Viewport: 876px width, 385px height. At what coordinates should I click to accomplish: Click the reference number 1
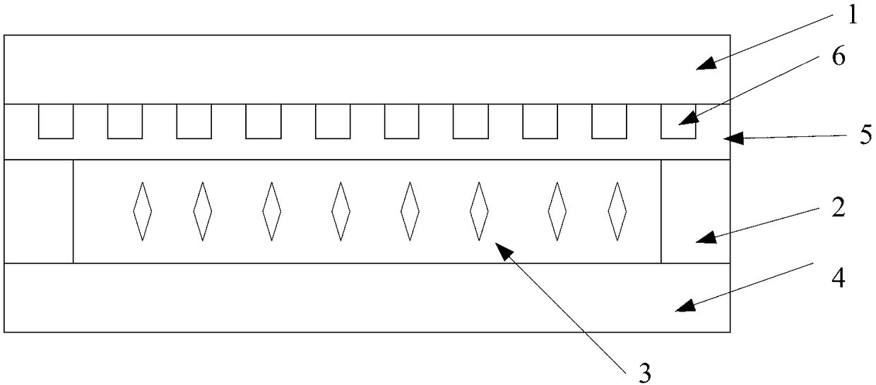pyautogui.click(x=851, y=16)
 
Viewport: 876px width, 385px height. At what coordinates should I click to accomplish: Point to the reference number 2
pyautogui.click(x=839, y=209)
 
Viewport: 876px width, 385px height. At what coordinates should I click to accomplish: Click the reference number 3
pyautogui.click(x=644, y=373)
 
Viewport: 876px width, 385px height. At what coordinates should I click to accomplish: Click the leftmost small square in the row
pyautogui.click(x=56, y=122)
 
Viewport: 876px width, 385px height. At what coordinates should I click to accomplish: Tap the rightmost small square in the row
pyautogui.click(x=678, y=122)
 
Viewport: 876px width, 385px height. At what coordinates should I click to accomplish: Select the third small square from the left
pyautogui.click(x=194, y=122)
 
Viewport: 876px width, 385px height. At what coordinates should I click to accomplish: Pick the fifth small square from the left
pyautogui.click(x=333, y=122)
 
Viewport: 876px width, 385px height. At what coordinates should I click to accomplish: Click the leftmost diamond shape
pyautogui.click(x=143, y=211)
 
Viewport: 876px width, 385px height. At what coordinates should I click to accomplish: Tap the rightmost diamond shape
pyautogui.click(x=618, y=211)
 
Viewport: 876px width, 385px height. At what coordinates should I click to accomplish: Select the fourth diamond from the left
pyautogui.click(x=341, y=211)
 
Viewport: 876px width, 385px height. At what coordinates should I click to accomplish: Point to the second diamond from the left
pyautogui.click(x=203, y=211)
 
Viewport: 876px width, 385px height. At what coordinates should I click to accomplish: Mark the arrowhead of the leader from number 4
pyautogui.click(x=680, y=307)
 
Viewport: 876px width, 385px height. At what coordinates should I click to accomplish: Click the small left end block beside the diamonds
pyautogui.click(x=39, y=211)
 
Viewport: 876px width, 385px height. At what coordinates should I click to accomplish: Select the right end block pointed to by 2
pyautogui.click(x=695, y=211)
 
